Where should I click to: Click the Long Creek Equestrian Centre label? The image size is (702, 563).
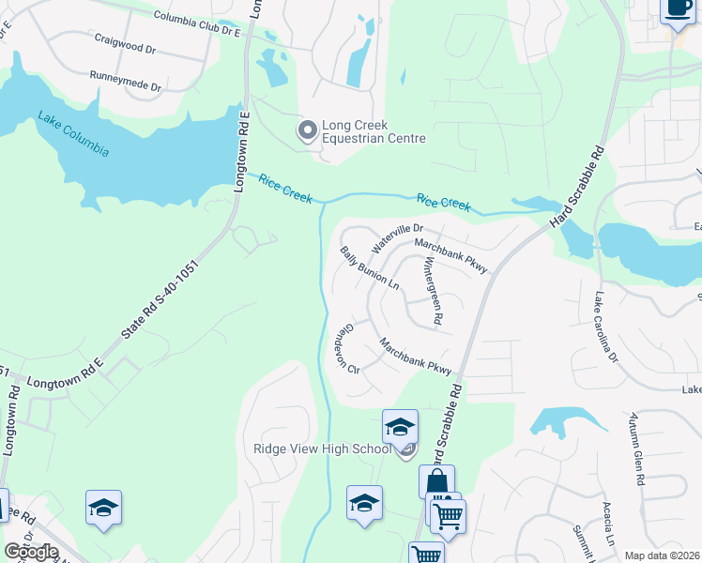[x=374, y=131]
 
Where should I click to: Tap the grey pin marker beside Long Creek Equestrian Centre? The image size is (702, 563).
[x=307, y=131]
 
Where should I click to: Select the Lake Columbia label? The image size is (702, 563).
[x=73, y=135]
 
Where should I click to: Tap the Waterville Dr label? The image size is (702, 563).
[x=398, y=238]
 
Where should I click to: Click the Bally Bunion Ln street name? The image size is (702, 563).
[x=370, y=268]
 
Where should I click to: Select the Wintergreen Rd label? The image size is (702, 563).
[x=433, y=292]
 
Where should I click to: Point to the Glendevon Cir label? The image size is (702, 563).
[x=347, y=349]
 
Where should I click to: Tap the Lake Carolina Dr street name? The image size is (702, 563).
[x=606, y=327]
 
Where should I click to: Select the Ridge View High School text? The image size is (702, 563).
[x=322, y=449]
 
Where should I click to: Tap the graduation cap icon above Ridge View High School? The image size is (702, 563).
[x=401, y=427]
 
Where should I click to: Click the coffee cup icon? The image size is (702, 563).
[x=676, y=9]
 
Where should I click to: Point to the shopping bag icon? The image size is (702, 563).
[x=436, y=481]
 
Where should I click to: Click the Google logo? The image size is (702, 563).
[x=32, y=552]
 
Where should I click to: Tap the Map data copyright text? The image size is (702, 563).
[x=662, y=555]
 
